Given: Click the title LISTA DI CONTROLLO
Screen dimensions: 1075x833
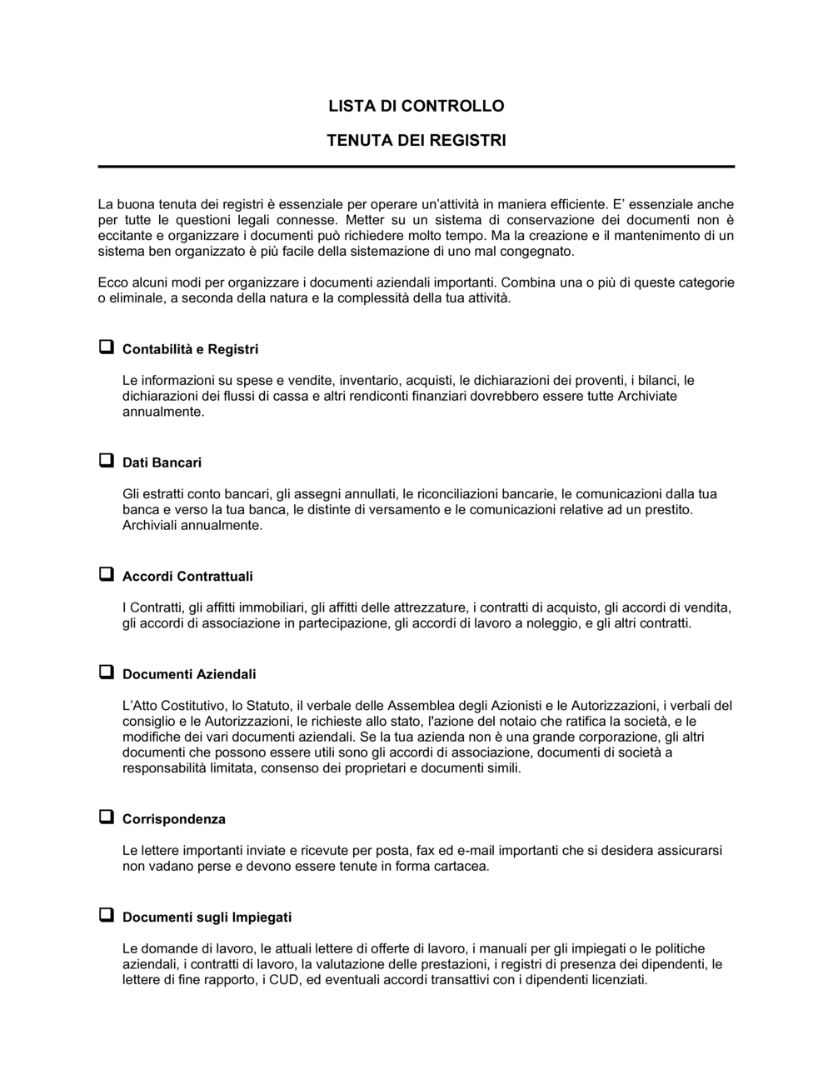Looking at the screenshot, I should point(416,106).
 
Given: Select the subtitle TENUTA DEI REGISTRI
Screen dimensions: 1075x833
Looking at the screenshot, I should point(416,140).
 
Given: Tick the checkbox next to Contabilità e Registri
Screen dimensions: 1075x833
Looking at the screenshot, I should point(106,347).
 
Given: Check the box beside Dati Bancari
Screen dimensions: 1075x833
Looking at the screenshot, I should point(106,461).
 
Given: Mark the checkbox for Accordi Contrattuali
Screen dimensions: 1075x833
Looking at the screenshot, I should point(106,574).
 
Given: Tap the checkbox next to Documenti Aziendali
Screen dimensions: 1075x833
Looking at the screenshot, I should point(106,672).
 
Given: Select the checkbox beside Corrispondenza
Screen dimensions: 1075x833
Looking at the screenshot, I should point(106,817).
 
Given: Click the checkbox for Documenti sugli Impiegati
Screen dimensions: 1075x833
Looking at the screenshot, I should point(106,916).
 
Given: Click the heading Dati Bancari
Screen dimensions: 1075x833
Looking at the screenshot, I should point(162,462).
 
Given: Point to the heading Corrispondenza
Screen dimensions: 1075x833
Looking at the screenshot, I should point(173,819).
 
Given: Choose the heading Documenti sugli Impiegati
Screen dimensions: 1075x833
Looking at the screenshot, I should point(207,917).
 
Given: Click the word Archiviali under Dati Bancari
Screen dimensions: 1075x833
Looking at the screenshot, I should point(149,526).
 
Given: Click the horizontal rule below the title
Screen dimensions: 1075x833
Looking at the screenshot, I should point(416,167).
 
